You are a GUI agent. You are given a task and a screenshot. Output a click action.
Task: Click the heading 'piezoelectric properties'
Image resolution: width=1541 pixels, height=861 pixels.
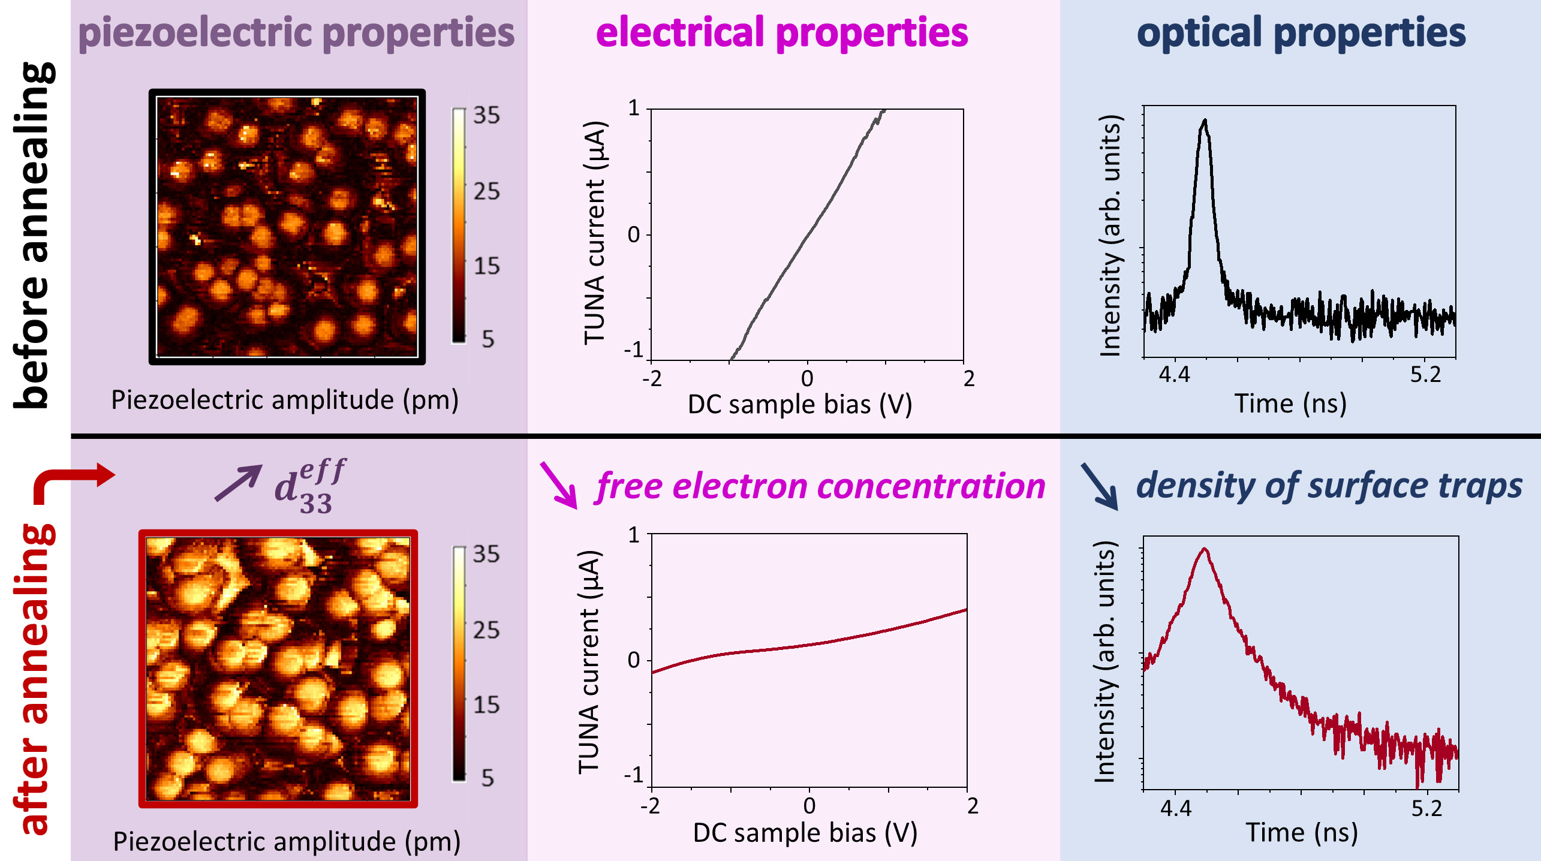pyautogui.click(x=296, y=32)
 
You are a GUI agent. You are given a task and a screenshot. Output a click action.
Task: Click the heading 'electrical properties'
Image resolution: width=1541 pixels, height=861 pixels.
pyautogui.click(x=782, y=32)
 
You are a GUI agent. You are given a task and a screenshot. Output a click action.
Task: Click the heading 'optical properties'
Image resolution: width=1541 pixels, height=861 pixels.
pyautogui.click(x=1301, y=32)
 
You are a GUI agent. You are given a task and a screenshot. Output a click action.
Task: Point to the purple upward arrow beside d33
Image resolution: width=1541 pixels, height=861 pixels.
pyautogui.click(x=238, y=482)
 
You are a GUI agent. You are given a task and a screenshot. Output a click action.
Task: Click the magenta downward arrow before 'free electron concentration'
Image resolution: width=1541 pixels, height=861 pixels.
pyautogui.click(x=558, y=484)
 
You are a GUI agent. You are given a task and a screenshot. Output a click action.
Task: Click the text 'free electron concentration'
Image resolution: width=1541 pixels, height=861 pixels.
pyautogui.click(x=820, y=486)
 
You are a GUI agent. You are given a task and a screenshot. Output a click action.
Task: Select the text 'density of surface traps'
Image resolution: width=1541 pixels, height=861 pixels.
pyautogui.click(x=1329, y=486)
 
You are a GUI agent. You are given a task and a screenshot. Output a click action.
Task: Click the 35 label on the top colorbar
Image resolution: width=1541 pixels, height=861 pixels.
pyautogui.click(x=486, y=115)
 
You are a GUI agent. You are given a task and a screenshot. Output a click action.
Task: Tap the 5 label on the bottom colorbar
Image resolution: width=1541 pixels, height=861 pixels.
pyautogui.click(x=487, y=778)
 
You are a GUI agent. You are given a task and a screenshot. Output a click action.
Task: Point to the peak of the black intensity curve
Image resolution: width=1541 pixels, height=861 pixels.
pyautogui.click(x=1205, y=121)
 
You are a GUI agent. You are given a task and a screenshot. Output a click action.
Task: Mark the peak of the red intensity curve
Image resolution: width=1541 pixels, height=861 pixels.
pyautogui.click(x=1204, y=549)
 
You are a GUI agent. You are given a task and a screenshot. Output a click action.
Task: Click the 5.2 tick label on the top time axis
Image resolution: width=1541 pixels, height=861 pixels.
pyautogui.click(x=1425, y=375)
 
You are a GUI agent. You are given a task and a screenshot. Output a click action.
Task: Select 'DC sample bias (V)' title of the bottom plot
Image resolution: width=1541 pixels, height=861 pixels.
pyautogui.click(x=805, y=833)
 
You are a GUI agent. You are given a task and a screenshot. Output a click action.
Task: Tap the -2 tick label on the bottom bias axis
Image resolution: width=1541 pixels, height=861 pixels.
pyautogui.click(x=651, y=806)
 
